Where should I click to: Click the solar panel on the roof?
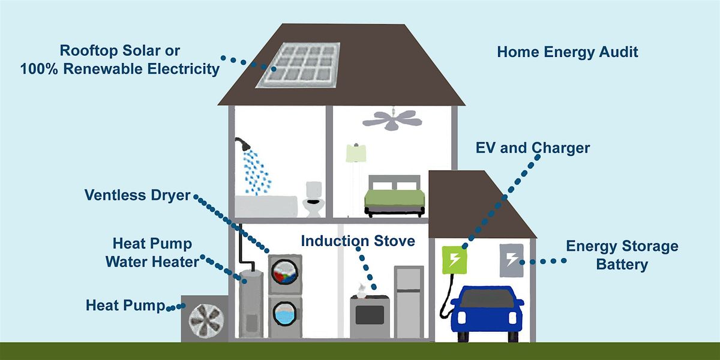click(x=298, y=65)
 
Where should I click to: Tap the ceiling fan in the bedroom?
click(x=393, y=118)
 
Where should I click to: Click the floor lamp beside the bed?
click(x=356, y=169)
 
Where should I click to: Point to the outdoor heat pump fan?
click(x=205, y=319)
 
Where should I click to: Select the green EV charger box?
click(x=455, y=259)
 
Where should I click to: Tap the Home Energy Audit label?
click(x=567, y=52)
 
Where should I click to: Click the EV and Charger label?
click(x=532, y=148)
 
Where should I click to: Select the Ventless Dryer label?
click(x=137, y=195)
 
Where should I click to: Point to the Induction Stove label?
click(x=358, y=241)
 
